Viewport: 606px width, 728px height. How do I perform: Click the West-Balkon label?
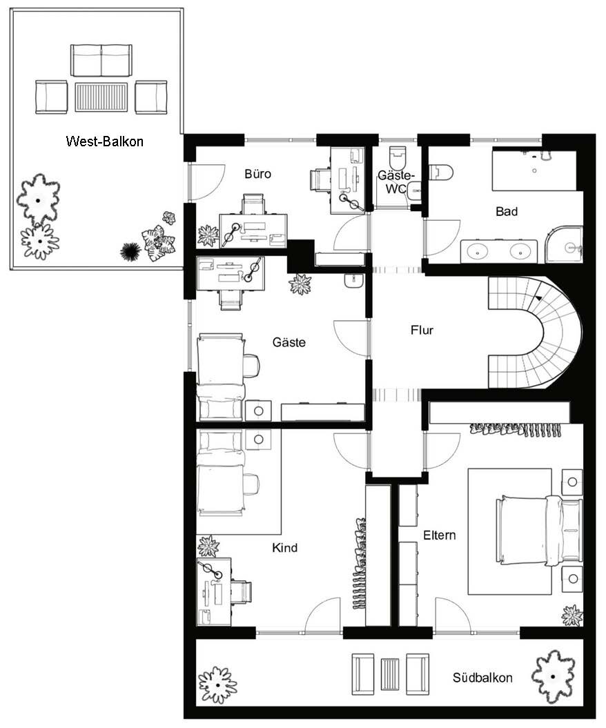tap(104, 141)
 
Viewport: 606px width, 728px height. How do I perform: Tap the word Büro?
tap(257, 174)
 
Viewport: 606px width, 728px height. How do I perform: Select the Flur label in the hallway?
tap(422, 330)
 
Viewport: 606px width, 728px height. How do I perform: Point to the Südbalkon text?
tap(482, 678)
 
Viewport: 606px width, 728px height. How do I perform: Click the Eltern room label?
tap(439, 535)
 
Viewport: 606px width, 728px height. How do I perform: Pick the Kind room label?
tap(284, 548)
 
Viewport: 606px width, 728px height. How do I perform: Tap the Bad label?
tap(507, 212)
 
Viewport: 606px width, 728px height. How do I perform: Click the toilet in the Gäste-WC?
tap(398, 157)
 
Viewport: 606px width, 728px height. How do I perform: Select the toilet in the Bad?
tap(440, 173)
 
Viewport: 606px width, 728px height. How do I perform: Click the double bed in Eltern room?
tap(538, 530)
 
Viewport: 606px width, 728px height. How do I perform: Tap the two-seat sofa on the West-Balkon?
tap(101, 60)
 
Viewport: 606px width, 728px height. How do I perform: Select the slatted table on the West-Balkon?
tap(101, 97)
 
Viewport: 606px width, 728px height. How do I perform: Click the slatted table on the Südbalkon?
tap(390, 674)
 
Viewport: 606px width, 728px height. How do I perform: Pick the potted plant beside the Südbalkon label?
tap(553, 676)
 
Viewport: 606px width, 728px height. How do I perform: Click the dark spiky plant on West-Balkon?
tap(130, 252)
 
